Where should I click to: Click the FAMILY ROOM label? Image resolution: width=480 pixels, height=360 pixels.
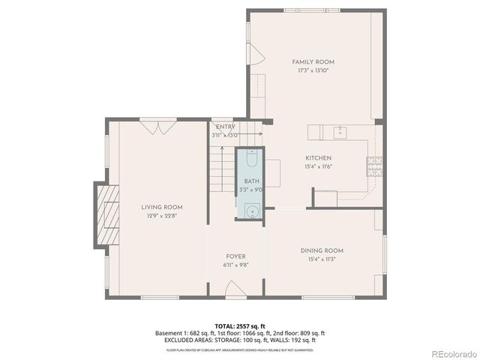coord(313,61)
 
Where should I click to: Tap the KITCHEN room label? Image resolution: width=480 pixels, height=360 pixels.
coord(318,158)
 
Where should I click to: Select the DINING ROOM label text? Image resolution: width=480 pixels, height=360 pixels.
coord(322,250)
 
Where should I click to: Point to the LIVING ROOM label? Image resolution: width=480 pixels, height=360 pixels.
coord(162,207)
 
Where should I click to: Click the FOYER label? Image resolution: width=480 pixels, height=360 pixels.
coord(235,256)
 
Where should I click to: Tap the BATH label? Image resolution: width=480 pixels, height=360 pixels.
coord(250,181)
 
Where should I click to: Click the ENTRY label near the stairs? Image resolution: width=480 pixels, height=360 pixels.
coord(225,127)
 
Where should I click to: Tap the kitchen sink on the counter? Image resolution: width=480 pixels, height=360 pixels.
coord(340,132)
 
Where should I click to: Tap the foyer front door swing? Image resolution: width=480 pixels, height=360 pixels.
coord(233,290)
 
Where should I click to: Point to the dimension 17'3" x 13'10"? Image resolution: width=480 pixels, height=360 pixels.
coord(313,70)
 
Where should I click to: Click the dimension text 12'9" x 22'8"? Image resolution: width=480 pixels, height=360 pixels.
coord(162,216)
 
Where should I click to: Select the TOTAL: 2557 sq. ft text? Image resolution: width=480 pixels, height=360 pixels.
coord(239,326)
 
